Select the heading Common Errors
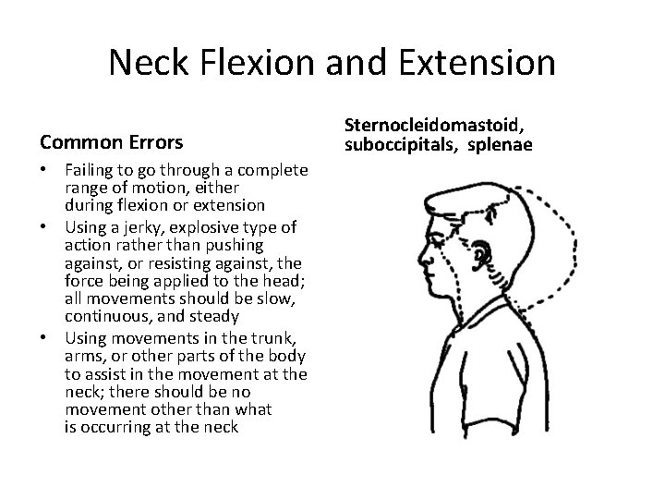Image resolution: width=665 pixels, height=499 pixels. [x=112, y=143]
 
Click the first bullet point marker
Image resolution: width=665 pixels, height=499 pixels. [x=45, y=173]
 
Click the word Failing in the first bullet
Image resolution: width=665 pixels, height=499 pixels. [x=87, y=173]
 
